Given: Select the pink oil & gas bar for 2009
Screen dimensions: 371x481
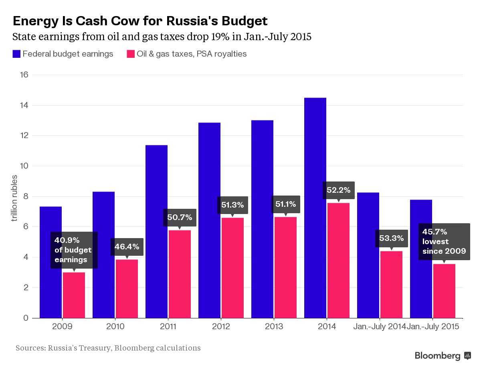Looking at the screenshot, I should point(74,295).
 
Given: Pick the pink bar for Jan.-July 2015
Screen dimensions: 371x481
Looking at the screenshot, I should point(444,291).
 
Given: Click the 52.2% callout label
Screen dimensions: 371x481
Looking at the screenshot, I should point(339,190).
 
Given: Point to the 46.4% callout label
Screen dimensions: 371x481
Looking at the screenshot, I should point(127,247).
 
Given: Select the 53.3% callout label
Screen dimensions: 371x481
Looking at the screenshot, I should point(392,238).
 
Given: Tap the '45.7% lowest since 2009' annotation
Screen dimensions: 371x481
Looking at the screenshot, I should point(444,241).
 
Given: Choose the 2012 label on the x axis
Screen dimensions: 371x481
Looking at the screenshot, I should point(221,326).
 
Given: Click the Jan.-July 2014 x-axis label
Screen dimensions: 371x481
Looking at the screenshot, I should point(379,326).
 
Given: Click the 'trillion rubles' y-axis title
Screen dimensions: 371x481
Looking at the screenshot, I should point(14,198).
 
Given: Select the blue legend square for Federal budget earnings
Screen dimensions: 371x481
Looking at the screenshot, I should point(16,54).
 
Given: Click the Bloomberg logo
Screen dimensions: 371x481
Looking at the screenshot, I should point(443,356).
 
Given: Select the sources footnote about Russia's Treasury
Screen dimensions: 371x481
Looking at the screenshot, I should point(108,348).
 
